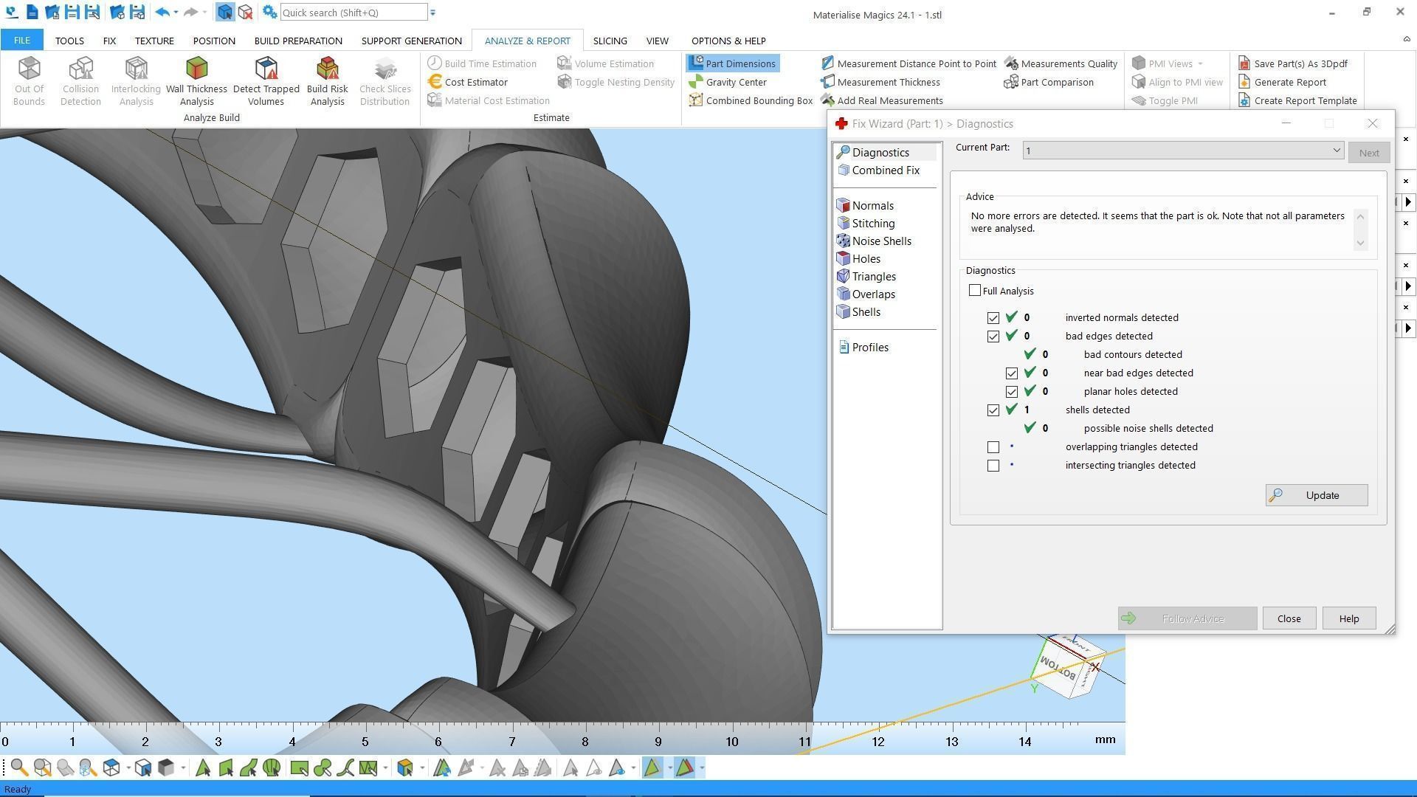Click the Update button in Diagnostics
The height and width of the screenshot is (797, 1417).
point(1316,495)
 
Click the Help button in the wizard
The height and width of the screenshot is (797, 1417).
point(1348,618)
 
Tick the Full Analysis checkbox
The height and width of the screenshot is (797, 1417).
point(975,291)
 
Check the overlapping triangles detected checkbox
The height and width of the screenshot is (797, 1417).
point(993,447)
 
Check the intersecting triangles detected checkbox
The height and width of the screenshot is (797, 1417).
point(993,466)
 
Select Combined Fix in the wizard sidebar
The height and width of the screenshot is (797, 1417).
point(885,170)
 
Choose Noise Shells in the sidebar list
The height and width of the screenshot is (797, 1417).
point(880,241)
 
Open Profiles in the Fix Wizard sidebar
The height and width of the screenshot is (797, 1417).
point(869,348)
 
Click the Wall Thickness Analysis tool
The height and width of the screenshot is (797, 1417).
point(196,81)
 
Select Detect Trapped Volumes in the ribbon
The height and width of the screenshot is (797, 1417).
point(266,81)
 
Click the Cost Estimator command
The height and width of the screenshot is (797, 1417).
point(475,82)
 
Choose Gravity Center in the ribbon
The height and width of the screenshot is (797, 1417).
point(735,82)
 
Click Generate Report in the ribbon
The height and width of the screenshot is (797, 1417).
point(1289,82)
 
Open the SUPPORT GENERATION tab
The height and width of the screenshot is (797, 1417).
point(411,41)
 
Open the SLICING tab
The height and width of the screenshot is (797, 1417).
point(610,41)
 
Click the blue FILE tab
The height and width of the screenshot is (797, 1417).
point(21,41)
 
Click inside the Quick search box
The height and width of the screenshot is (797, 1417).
point(353,13)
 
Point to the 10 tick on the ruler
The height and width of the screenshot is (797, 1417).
point(731,741)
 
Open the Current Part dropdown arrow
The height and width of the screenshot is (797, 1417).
point(1336,151)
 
